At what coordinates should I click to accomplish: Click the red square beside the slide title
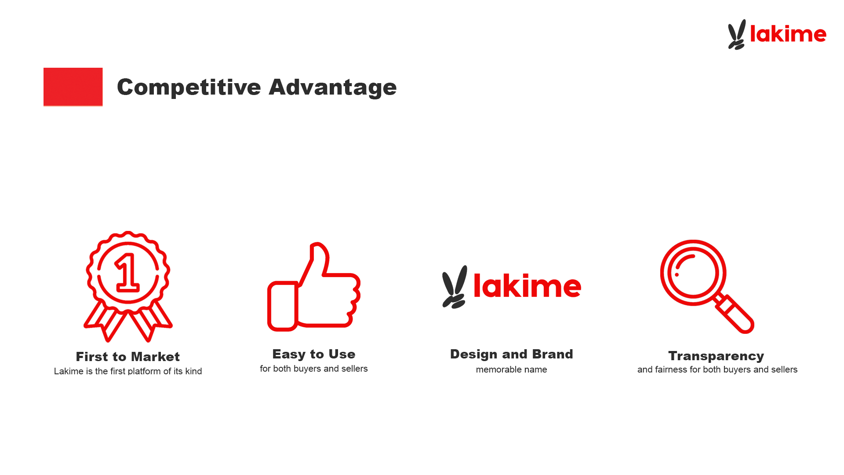pos(73,87)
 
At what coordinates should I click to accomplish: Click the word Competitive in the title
pos(189,88)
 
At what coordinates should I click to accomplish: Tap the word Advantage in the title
pos(333,88)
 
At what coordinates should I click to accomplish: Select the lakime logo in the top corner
pos(777,34)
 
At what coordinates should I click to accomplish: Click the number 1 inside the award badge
pos(127,273)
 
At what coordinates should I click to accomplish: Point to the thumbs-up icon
pos(314,287)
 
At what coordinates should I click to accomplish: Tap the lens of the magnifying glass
pos(693,273)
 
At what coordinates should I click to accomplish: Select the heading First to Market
pos(128,357)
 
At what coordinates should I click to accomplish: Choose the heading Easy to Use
pos(314,354)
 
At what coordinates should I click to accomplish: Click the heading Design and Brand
pos(512,354)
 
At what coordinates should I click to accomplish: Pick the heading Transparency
pos(716,356)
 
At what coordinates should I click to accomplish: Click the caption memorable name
pos(512,369)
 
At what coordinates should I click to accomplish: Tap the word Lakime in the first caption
pos(69,371)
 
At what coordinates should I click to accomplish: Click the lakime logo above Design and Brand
pos(512,287)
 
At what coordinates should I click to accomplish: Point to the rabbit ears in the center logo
pos(455,287)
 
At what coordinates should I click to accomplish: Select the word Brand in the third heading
pos(553,354)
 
